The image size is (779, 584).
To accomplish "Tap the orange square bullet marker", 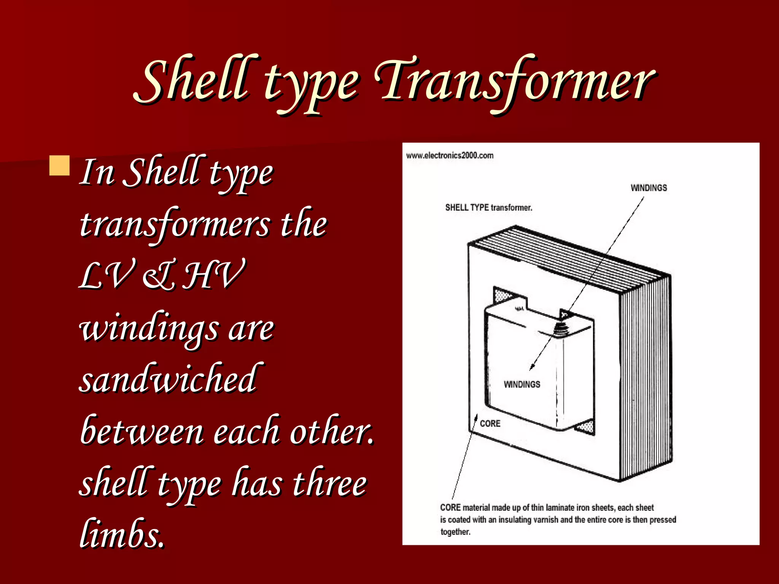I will pos(60,165).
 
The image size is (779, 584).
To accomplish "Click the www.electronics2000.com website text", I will pos(450,156).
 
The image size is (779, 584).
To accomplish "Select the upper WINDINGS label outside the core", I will pos(649,188).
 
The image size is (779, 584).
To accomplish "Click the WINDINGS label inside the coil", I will pos(522,384).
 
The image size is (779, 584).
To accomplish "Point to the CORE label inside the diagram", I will pos(490,424).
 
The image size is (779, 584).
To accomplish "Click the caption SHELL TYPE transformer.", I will pos(489,208).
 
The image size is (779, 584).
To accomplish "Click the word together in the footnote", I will pos(455,532).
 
